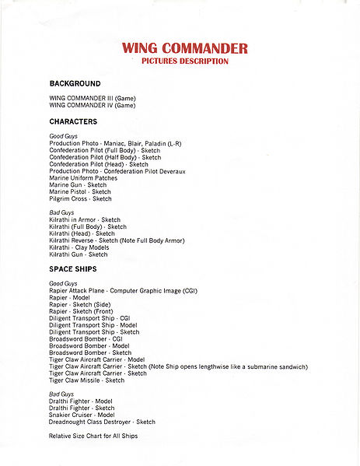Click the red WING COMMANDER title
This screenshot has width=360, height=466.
[x=184, y=48]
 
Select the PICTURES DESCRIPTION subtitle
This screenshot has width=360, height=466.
[x=184, y=61]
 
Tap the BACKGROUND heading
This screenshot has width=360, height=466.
[x=75, y=83]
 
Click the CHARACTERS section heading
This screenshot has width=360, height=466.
[x=73, y=122]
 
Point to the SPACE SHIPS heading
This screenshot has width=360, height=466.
[x=74, y=269]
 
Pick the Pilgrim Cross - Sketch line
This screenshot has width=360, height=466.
[x=80, y=199]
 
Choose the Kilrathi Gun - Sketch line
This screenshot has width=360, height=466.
[x=79, y=254]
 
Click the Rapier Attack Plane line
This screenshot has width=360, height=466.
[x=123, y=290]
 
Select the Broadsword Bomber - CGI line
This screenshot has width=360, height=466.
[x=86, y=338]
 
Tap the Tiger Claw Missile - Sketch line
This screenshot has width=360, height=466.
[x=86, y=380]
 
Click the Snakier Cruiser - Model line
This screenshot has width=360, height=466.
[x=82, y=415]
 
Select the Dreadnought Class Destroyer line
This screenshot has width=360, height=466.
[x=102, y=422]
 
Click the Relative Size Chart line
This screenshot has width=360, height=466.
[x=93, y=436]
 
